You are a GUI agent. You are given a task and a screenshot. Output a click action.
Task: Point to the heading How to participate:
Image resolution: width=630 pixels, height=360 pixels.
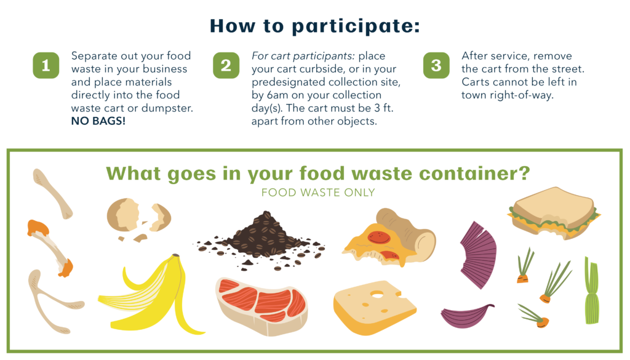pos(314,25)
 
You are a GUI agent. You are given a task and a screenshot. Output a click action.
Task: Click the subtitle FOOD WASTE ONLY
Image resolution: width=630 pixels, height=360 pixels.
pos(317,193)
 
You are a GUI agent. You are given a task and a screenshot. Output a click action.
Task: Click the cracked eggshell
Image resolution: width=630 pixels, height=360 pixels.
pos(138,218)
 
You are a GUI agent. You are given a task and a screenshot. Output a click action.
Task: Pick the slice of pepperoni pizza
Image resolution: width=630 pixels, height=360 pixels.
pos(388,237)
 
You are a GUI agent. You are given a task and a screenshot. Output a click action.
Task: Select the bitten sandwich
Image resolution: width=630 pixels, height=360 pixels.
pos(554,209)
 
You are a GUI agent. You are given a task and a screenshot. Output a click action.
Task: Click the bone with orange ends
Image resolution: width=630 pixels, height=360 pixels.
pos(49,246)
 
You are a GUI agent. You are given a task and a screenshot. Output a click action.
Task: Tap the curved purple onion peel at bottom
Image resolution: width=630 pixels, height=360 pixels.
pos(466,315)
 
